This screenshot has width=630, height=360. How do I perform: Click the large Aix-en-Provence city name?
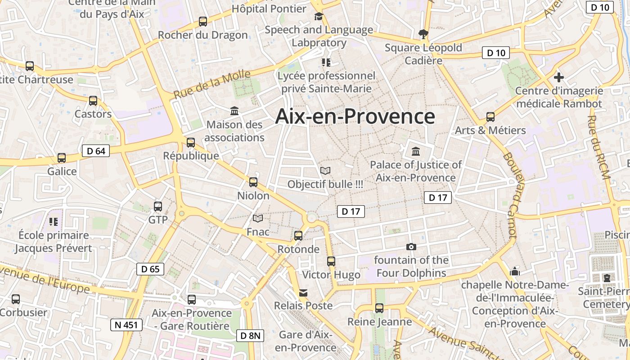click(x=355, y=117)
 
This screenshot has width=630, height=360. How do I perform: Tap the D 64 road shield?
click(x=96, y=151)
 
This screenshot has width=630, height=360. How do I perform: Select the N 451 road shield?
click(x=126, y=324)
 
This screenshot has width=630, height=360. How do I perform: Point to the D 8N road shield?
click(x=250, y=335)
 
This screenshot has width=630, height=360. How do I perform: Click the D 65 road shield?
click(x=150, y=269)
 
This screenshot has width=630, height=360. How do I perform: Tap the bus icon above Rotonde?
click(x=298, y=235)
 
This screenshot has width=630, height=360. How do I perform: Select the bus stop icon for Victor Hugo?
click(x=331, y=261)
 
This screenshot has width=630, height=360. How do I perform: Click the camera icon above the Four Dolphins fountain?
click(x=411, y=247)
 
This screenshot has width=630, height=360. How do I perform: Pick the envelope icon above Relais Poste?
click(x=303, y=293)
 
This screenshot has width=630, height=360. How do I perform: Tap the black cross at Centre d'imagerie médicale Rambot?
click(x=558, y=77)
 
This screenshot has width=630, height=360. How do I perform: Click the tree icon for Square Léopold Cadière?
click(x=423, y=34)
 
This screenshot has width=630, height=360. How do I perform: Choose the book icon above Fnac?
click(x=258, y=219)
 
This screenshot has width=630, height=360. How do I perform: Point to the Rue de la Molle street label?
click(x=212, y=85)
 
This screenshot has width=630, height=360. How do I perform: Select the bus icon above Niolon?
click(x=253, y=182)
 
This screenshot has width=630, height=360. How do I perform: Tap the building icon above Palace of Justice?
click(x=416, y=151)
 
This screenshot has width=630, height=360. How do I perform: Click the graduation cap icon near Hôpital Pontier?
click(x=319, y=17)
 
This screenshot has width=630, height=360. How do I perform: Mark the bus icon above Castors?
click(x=93, y=100)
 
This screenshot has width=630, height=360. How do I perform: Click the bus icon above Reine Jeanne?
click(x=379, y=308)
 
